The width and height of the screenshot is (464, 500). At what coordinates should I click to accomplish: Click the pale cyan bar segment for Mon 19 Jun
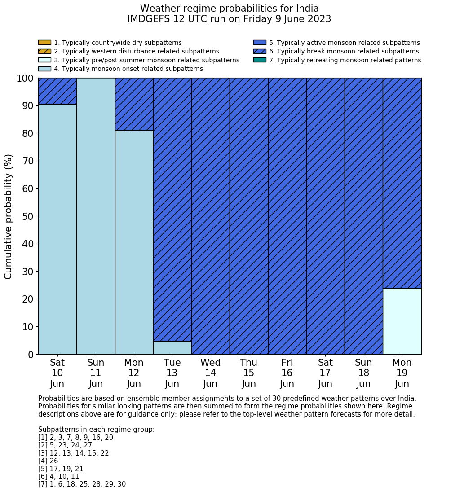(x=402, y=321)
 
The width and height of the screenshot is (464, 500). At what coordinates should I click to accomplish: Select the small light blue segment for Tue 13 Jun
(x=172, y=348)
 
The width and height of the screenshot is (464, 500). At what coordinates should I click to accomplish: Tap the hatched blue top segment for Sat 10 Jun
(x=57, y=91)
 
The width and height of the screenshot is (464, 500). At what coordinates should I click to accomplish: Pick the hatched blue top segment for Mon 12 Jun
(x=134, y=104)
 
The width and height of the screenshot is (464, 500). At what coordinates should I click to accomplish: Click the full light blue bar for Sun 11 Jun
(x=96, y=216)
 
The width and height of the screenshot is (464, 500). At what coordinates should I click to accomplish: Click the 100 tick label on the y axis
(x=25, y=79)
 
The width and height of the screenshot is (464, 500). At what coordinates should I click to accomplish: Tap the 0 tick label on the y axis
(x=31, y=355)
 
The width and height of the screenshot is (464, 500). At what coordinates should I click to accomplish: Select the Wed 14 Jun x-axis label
(x=210, y=373)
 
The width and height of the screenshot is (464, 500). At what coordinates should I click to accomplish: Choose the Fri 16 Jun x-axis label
(x=287, y=373)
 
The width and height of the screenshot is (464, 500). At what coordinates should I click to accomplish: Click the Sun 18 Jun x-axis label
(x=363, y=373)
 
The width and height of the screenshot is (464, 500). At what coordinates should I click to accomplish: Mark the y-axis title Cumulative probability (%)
(x=9, y=216)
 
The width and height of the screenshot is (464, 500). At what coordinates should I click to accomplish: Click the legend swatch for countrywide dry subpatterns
(x=44, y=43)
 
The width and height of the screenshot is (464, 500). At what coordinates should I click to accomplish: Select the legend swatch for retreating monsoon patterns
(x=260, y=60)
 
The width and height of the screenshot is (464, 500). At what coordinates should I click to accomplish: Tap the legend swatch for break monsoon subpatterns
(x=260, y=51)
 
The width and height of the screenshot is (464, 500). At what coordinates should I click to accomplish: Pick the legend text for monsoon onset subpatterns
(x=128, y=69)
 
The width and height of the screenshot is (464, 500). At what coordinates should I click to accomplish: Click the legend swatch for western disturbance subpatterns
(x=44, y=51)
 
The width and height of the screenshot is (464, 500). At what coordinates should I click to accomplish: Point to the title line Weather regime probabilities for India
(x=229, y=9)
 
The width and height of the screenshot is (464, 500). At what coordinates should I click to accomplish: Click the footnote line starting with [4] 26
(x=48, y=461)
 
